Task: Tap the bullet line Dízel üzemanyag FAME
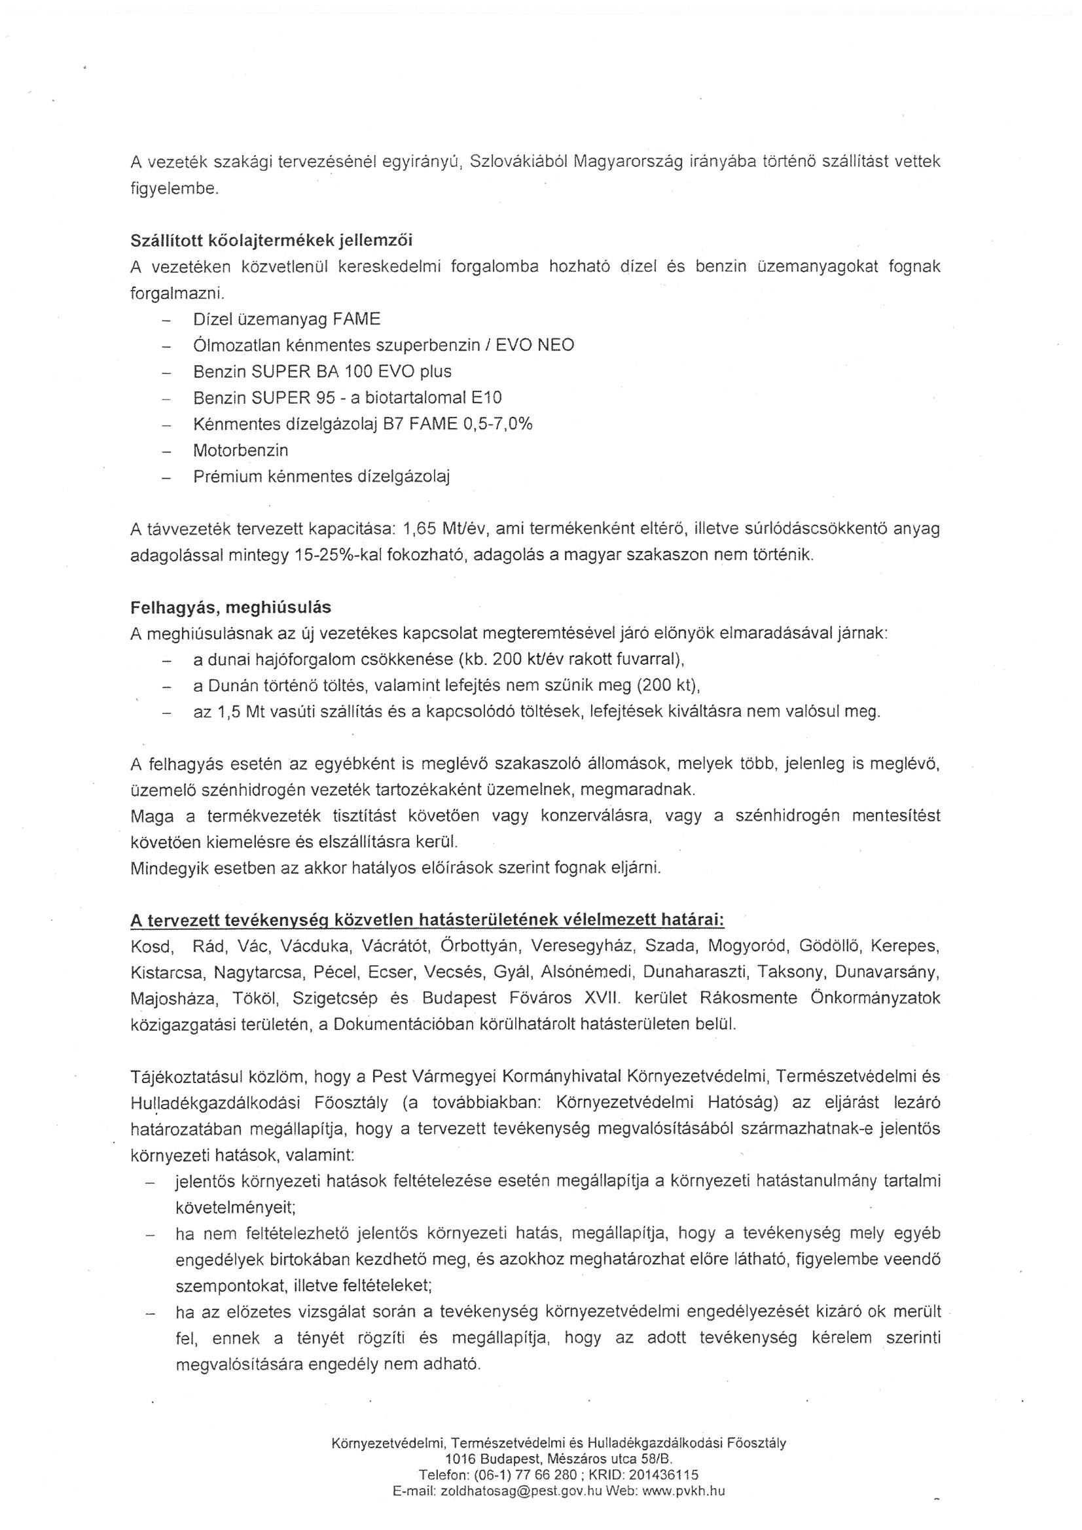[x=287, y=319]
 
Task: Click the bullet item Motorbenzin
[x=241, y=450]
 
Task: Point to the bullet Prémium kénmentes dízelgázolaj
[x=321, y=476]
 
